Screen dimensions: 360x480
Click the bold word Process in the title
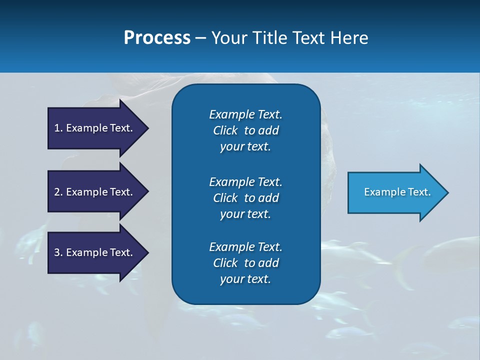click(x=157, y=38)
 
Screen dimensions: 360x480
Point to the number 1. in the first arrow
click(x=58, y=128)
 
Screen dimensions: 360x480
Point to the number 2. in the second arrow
click(x=58, y=192)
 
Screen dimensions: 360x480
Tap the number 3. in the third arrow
click(x=58, y=252)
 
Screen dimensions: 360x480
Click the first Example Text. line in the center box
click(x=245, y=114)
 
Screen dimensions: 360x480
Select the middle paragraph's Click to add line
click(x=245, y=198)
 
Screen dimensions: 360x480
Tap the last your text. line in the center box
click(x=245, y=279)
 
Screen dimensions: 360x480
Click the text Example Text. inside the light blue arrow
click(x=397, y=192)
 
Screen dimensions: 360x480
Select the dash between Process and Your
click(x=201, y=38)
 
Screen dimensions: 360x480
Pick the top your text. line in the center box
click(x=245, y=146)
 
